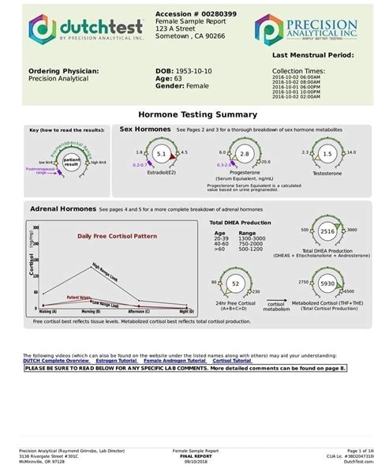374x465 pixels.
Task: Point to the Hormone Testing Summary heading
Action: tap(187, 114)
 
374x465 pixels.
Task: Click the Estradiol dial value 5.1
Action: tap(162, 153)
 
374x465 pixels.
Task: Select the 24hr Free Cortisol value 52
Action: tap(234, 283)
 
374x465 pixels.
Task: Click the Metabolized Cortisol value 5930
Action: tap(327, 283)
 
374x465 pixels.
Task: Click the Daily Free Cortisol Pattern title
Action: tap(110, 235)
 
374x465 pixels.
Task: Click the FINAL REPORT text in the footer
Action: tap(193, 455)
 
